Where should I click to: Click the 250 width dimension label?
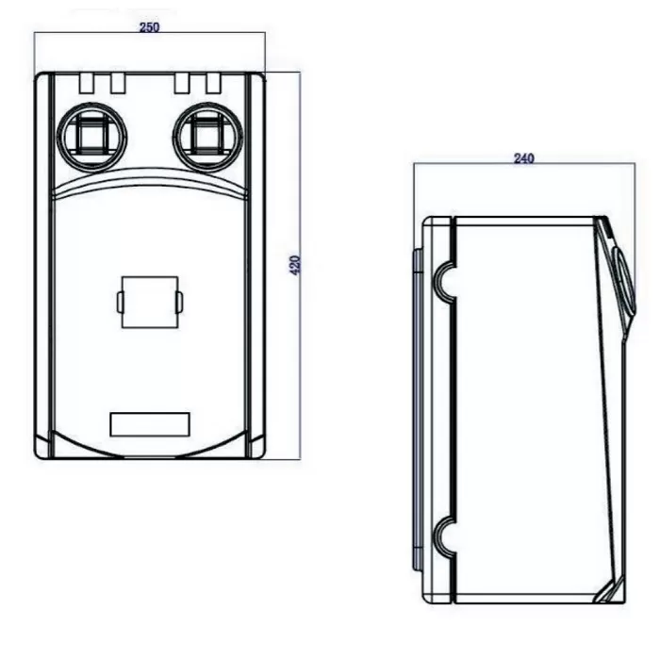[x=149, y=27]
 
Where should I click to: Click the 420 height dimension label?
[x=295, y=265]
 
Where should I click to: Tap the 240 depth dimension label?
[x=524, y=158]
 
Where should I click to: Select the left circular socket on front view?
[x=91, y=138]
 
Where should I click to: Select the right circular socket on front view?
[x=207, y=138]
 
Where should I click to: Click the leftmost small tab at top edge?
[x=87, y=83]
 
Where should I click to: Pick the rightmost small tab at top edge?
[x=213, y=83]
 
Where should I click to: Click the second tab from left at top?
[x=118, y=83]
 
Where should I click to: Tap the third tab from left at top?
[x=182, y=83]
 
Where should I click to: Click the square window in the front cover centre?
[x=150, y=302]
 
